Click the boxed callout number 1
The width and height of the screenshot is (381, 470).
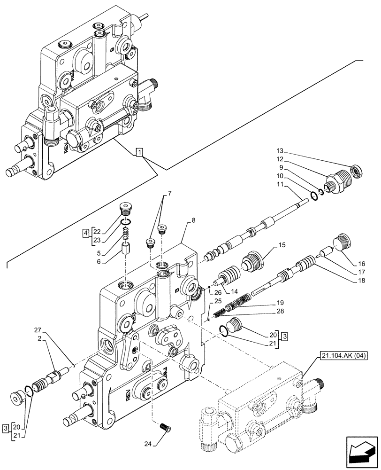coord(139,152)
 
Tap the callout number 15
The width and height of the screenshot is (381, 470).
coord(282,245)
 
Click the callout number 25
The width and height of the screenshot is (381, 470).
coord(217,301)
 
